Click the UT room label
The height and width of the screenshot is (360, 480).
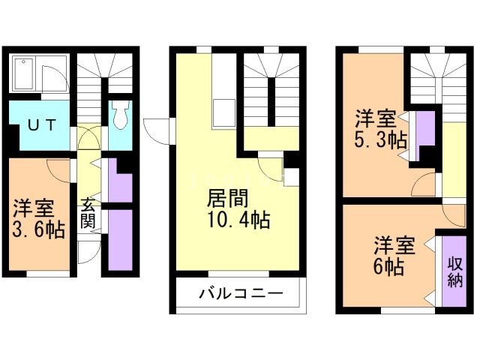click(38, 125)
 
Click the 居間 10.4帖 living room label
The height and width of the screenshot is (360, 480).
click(238, 209)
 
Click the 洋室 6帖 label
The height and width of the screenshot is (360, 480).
click(394, 255)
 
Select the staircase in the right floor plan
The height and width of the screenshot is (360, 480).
click(434, 86)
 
